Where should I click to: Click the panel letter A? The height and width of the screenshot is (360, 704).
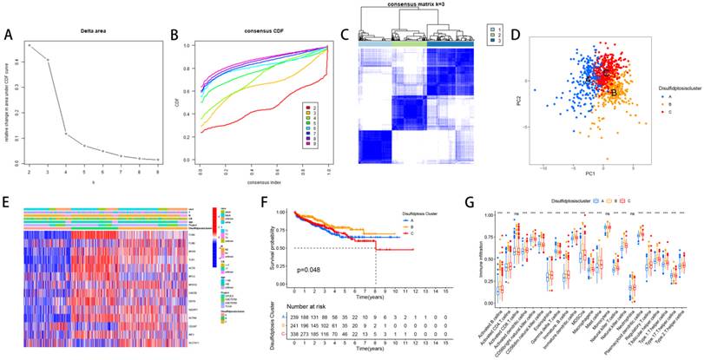9,36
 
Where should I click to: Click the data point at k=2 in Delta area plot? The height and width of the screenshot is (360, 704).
29,45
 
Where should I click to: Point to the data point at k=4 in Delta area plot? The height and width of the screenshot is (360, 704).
67,134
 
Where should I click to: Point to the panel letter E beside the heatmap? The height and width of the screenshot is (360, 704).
8,207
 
